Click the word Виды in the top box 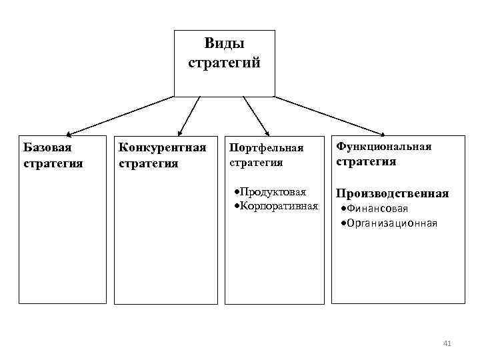click(x=224, y=44)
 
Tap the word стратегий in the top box click(x=224, y=64)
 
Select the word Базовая click(x=47, y=147)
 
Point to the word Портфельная click(x=266, y=148)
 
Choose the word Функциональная click(x=384, y=145)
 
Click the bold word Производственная click(x=392, y=193)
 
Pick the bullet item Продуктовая click(x=274, y=192)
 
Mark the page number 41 click(x=447, y=343)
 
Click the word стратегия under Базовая click(x=53, y=162)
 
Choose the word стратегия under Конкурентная click(x=149, y=163)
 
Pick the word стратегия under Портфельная click(x=256, y=162)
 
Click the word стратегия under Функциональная click(x=366, y=161)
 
